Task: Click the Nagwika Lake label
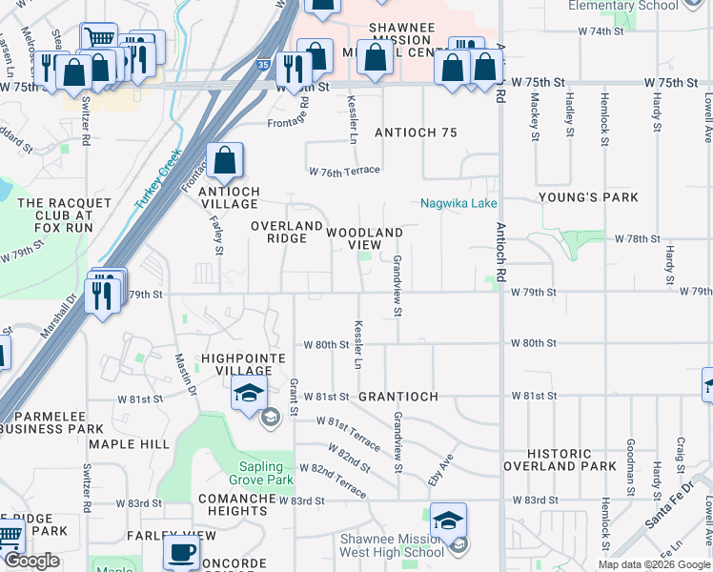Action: coord(459,203)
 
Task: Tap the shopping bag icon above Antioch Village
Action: coord(224,162)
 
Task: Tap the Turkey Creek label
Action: coord(157,180)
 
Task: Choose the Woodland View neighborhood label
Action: coord(364,238)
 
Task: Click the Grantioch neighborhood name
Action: coord(398,396)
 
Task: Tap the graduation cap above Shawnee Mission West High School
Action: coord(448,521)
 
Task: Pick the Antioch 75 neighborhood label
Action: coord(417,133)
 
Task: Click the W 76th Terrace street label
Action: coord(344,171)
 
